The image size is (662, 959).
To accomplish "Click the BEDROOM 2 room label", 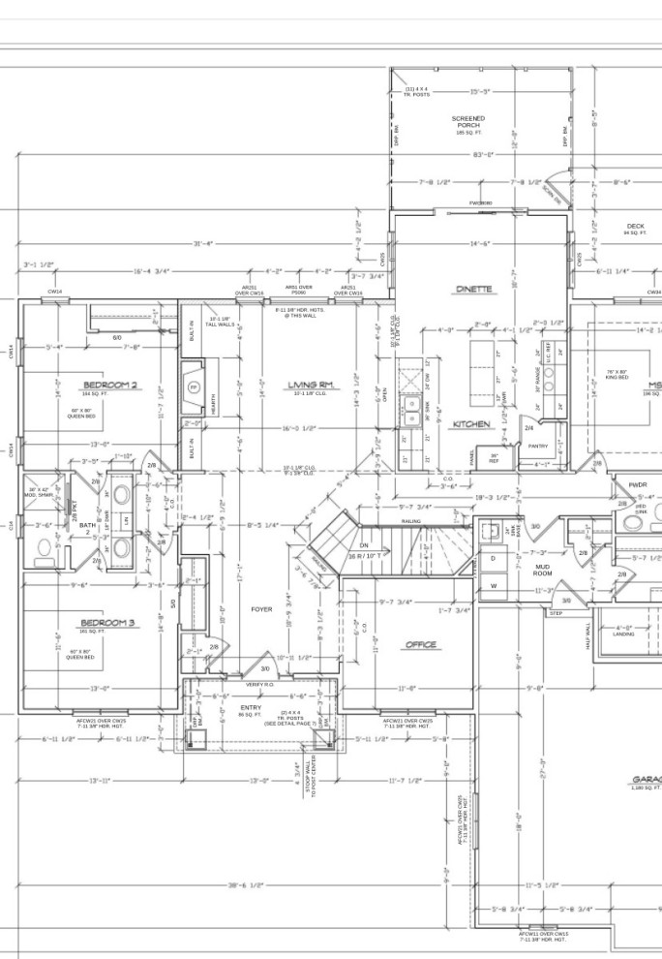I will [x=110, y=386].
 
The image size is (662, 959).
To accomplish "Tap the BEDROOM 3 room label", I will [x=107, y=622].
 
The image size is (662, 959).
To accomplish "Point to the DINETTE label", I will [x=474, y=289].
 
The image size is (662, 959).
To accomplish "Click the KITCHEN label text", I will [x=470, y=423].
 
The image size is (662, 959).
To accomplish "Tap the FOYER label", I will [x=261, y=609].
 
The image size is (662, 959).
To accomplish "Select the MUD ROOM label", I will [x=542, y=571].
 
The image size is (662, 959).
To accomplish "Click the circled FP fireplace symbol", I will [x=194, y=387].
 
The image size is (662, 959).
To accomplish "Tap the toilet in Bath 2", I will [x=41, y=554].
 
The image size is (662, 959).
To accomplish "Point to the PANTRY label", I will [x=538, y=446].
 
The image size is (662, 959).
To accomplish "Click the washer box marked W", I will [x=493, y=585].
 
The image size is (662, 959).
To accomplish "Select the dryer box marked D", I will [x=493, y=559].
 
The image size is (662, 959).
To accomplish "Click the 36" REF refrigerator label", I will [x=494, y=457].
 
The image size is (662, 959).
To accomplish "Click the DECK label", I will [x=634, y=228].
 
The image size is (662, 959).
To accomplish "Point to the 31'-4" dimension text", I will [x=202, y=243].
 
